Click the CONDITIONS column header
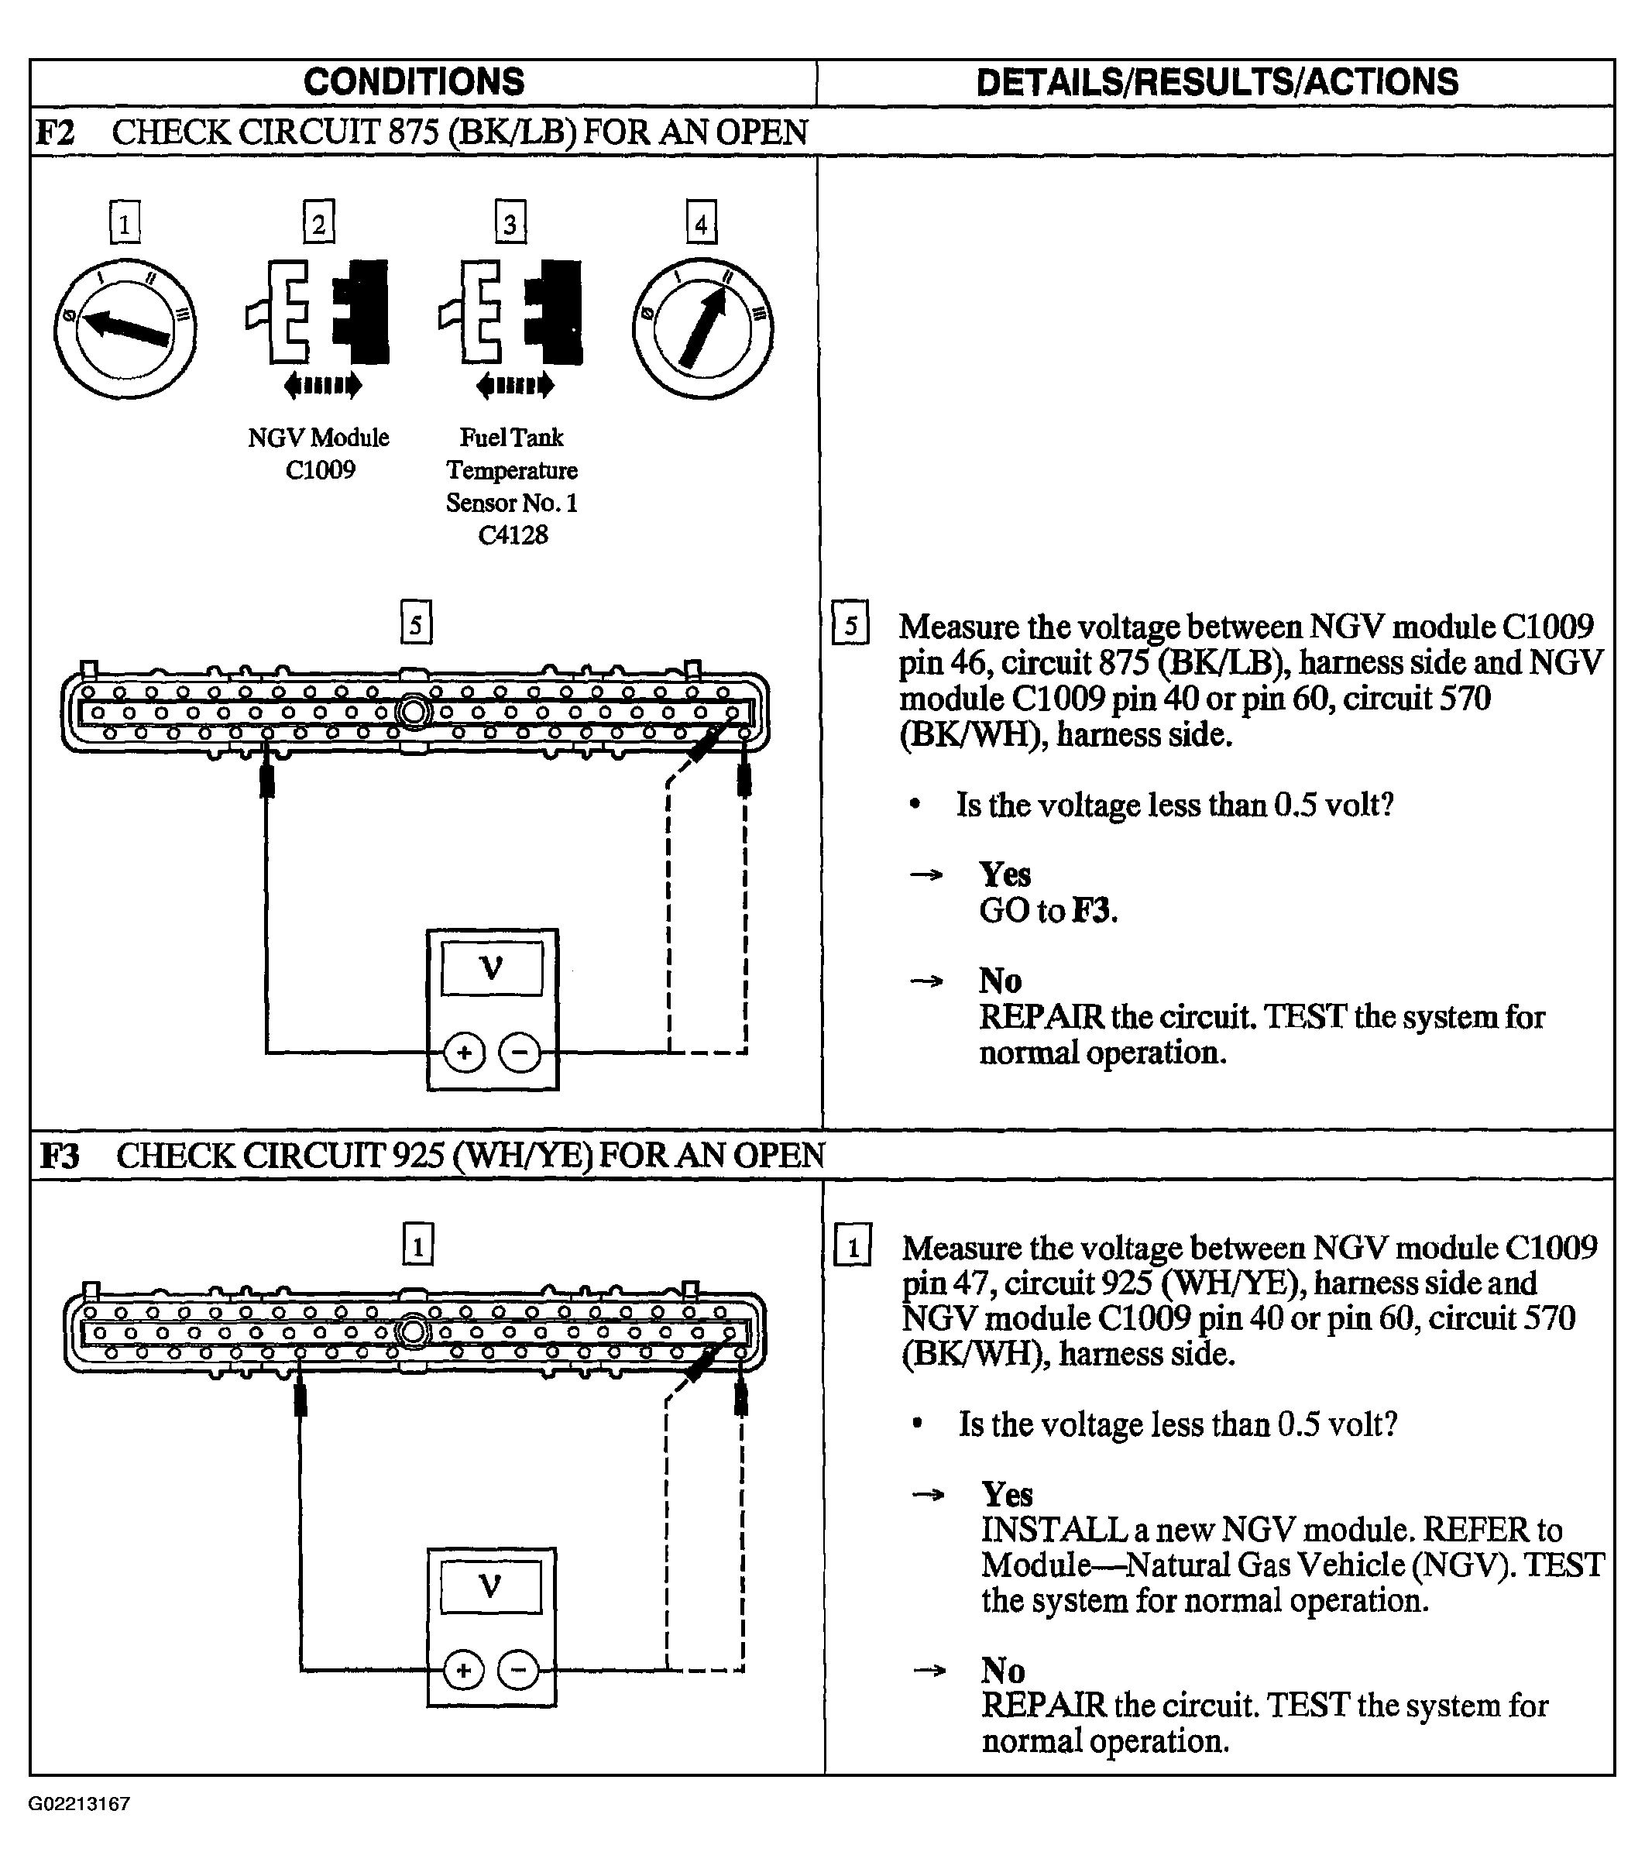(414, 82)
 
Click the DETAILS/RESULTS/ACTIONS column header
(1217, 82)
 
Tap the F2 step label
(55, 133)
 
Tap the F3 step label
(60, 1156)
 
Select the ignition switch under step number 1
(125, 328)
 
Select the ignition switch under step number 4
(702, 328)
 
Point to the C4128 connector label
(512, 535)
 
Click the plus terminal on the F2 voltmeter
(464, 1053)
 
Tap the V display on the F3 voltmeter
(491, 1586)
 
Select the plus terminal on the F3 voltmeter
(462, 1671)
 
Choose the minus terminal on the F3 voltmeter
(517, 1671)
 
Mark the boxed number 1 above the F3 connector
(418, 1244)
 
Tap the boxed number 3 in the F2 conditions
(510, 222)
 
